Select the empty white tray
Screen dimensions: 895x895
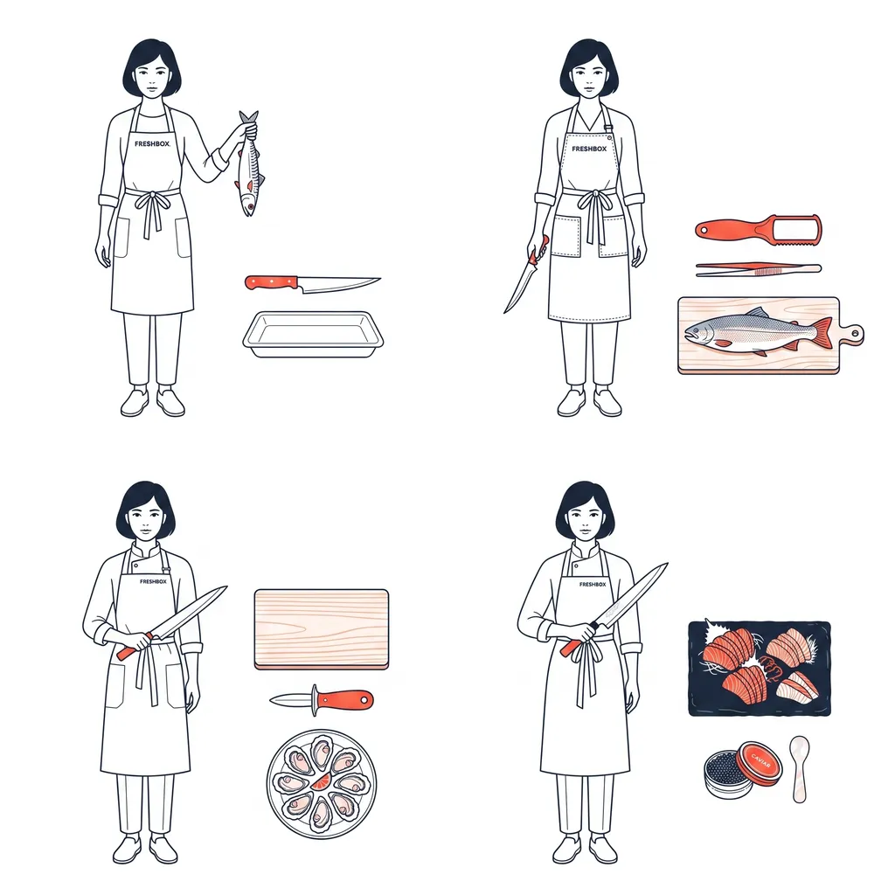click(313, 335)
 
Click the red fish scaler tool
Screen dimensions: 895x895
click(759, 230)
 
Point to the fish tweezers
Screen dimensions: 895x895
click(758, 269)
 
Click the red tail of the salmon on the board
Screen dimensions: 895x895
click(822, 333)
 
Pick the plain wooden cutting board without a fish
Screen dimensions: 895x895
click(322, 629)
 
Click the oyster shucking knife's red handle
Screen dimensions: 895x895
click(344, 700)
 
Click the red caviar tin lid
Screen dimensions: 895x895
click(758, 762)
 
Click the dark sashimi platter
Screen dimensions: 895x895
click(760, 668)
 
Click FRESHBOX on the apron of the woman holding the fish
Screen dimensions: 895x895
click(152, 144)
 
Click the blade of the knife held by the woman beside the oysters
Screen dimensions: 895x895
click(189, 611)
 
